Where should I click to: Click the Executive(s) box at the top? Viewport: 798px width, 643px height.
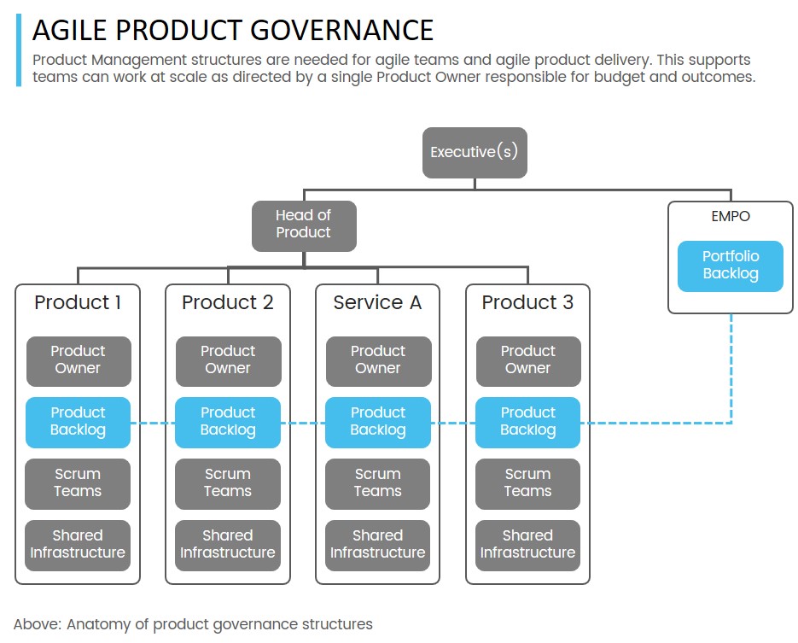pyautogui.click(x=475, y=153)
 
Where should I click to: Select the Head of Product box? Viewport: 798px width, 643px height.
pyautogui.click(x=303, y=225)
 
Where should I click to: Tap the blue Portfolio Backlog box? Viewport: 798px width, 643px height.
pyautogui.click(x=731, y=266)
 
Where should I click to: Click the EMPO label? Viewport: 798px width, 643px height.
pyautogui.click(x=731, y=217)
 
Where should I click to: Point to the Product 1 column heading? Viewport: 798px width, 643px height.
pyautogui.click(x=78, y=303)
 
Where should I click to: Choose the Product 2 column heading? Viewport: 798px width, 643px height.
pyautogui.click(x=228, y=303)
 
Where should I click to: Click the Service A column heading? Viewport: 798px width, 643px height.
pyautogui.click(x=377, y=303)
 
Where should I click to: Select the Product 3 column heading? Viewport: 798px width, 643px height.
pyautogui.click(x=527, y=303)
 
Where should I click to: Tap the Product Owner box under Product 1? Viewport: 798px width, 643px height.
pyautogui.click(x=78, y=360)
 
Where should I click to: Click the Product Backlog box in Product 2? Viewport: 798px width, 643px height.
pyautogui.click(x=228, y=422)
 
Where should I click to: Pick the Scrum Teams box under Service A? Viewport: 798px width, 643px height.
pyautogui.click(x=377, y=483)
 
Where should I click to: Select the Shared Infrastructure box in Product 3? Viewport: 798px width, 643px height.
pyautogui.click(x=527, y=545)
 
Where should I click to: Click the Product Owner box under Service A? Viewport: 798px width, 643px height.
pyautogui.click(x=377, y=360)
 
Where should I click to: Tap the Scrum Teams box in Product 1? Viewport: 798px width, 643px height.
pyautogui.click(x=78, y=483)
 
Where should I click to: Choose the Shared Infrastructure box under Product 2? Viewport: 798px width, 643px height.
pyautogui.click(x=228, y=545)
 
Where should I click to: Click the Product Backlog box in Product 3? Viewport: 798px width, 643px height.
pyautogui.click(x=527, y=422)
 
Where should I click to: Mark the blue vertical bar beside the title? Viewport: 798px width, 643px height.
pyautogui.click(x=18, y=50)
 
